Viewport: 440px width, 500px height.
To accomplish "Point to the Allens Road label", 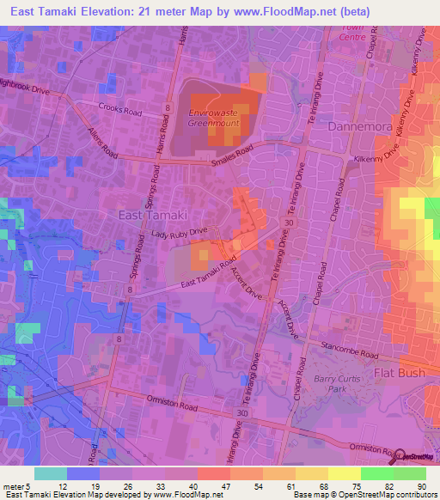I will [x=102, y=143].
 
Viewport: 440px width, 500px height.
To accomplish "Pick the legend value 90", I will [x=420, y=486].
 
